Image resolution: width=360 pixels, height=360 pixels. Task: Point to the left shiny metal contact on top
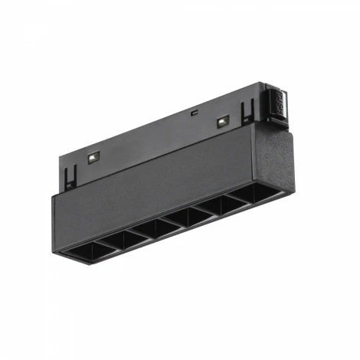coord(93,157)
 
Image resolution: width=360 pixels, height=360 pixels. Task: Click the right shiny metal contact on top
coord(223,120)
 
